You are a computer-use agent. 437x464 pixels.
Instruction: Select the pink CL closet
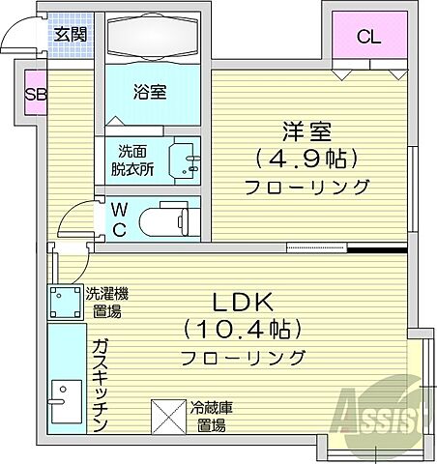coord(367,40)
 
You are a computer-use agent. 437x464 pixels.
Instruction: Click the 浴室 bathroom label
coord(151,93)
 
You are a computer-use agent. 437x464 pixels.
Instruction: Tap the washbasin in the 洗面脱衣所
coord(184,159)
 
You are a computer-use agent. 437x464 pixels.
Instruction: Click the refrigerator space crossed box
coord(170,419)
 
